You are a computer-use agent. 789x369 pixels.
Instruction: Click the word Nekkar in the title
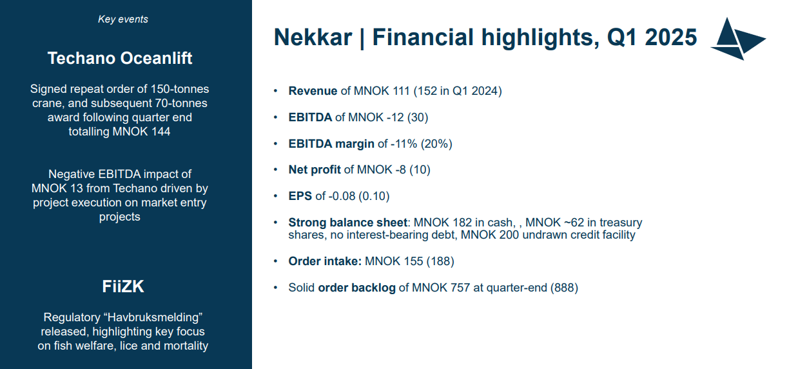[313, 37]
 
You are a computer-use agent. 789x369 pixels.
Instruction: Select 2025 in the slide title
[670, 37]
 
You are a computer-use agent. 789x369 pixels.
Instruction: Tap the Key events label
[123, 19]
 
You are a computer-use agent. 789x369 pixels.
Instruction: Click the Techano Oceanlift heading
[120, 58]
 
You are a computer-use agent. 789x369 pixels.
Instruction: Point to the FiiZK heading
[123, 286]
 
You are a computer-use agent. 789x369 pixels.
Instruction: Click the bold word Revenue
[313, 91]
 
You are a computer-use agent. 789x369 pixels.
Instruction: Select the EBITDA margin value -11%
[404, 144]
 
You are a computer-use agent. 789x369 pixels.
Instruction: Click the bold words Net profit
[315, 170]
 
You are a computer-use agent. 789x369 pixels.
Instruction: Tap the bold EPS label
[300, 196]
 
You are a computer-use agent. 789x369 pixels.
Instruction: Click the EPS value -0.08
[342, 196]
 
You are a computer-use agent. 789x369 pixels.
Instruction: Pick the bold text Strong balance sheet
[347, 223]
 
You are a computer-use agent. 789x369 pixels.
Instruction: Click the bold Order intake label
[325, 261]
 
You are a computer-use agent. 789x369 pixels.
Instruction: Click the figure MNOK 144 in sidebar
[141, 132]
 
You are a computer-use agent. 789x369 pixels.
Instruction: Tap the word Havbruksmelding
[155, 317]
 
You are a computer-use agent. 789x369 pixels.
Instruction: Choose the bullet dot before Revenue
[276, 91]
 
